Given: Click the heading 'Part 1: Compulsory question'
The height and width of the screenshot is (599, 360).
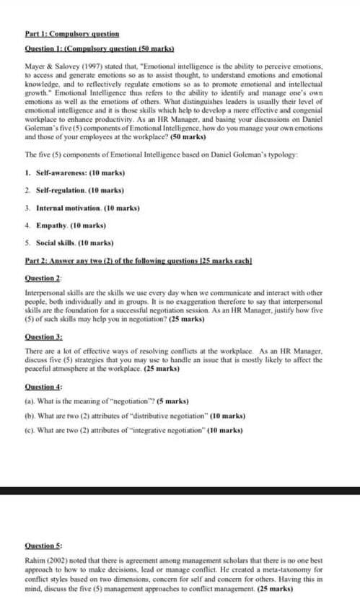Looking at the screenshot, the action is tap(71, 34).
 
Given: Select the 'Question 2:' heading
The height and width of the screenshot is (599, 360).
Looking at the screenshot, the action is tap(43, 278).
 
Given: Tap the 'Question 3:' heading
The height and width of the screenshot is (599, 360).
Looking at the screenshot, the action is tap(43, 337).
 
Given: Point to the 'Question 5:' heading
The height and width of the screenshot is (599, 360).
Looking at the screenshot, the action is tap(43, 546).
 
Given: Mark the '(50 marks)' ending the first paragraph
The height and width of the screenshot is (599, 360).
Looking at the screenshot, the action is tap(186, 136).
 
